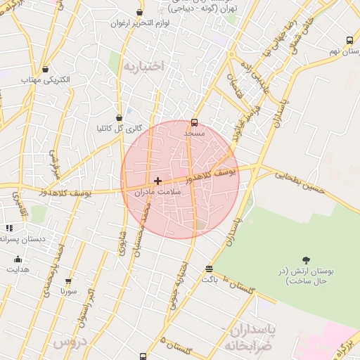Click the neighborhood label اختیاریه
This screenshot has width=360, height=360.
(143, 65)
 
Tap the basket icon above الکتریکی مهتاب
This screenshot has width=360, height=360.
(46, 70)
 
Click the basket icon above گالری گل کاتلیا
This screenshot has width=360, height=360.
(119, 118)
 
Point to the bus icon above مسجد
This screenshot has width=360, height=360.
(195, 122)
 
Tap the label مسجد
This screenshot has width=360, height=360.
(194, 132)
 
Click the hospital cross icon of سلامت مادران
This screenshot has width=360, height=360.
(157, 181)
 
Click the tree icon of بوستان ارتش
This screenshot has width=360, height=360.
(305, 260)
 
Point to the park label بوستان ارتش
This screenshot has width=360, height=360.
(307, 276)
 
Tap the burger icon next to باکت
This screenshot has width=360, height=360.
(209, 269)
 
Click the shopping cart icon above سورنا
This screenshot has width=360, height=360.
(68, 281)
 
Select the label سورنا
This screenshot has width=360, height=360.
(67, 290)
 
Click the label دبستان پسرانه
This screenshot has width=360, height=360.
(23, 239)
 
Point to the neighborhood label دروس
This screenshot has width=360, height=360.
(67, 343)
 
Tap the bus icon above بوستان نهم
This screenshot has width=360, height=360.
(349, 41)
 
